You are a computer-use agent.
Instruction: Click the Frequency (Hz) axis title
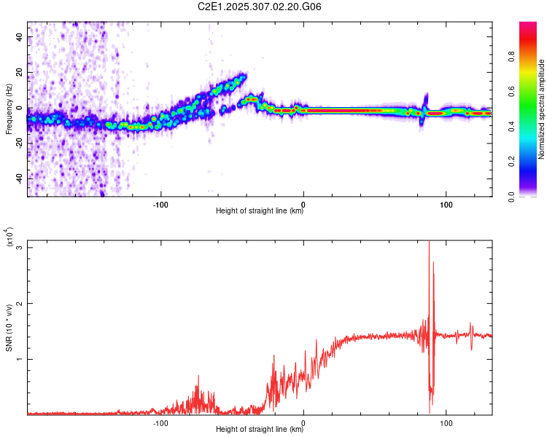pyautogui.click(x=9, y=109)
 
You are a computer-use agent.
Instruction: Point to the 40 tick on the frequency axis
pyautogui.click(x=20, y=36)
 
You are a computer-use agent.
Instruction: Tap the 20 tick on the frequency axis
pyautogui.click(x=20, y=72)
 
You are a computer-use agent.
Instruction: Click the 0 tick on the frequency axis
pyautogui.click(x=22, y=108)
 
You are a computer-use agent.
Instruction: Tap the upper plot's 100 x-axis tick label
pyautogui.click(x=446, y=203)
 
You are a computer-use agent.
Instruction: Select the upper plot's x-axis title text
pyautogui.click(x=260, y=212)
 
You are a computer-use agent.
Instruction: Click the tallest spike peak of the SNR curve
pyautogui.click(x=429, y=242)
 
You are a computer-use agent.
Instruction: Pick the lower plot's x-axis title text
pyautogui.click(x=260, y=430)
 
